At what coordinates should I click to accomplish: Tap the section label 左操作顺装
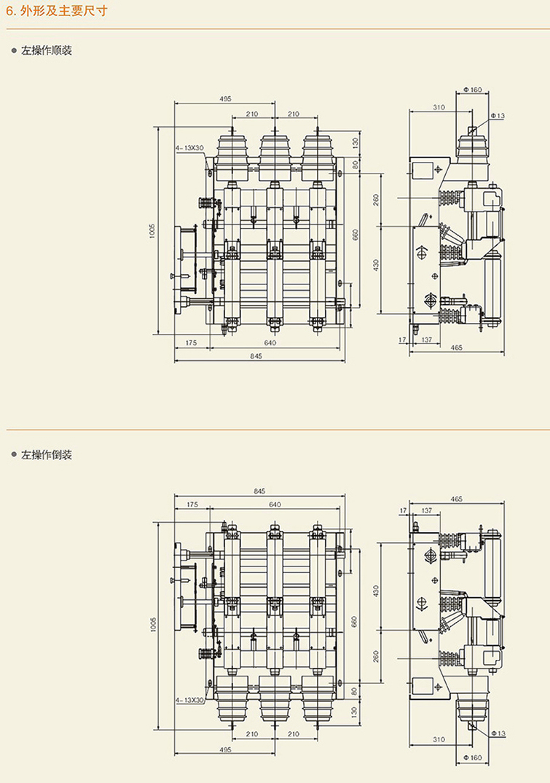click(46, 51)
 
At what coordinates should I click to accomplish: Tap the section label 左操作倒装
click(46, 455)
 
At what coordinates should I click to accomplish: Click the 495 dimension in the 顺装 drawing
click(225, 98)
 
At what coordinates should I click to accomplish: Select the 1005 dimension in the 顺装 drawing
click(152, 230)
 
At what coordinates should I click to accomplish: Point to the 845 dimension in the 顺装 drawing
click(256, 356)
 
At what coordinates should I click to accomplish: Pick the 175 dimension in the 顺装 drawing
click(192, 342)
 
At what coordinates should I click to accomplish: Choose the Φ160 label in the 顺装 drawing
click(473, 90)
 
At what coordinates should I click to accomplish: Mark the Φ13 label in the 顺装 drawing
click(498, 116)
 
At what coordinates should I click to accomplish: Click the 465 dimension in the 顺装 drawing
click(457, 348)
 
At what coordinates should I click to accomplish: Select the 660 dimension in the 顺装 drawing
click(355, 235)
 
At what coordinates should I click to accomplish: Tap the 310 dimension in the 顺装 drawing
click(439, 107)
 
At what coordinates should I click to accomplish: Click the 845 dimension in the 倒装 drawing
click(260, 491)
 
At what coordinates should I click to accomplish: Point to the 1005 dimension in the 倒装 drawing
click(153, 624)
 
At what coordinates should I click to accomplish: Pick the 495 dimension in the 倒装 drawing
click(225, 749)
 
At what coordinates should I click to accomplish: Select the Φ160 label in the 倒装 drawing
click(474, 757)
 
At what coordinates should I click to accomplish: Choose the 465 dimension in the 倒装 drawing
click(457, 499)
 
